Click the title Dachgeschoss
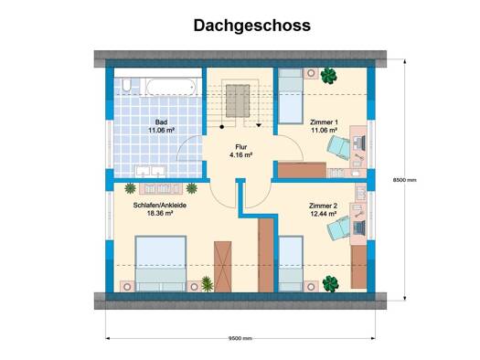coord(252,26)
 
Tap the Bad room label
coord(161,122)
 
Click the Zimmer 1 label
coord(324,122)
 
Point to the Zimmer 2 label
coord(323,206)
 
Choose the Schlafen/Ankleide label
coord(160,206)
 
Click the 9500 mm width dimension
coord(240,338)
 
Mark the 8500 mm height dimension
coord(405,180)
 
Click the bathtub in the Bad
coord(171,87)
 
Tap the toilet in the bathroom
coord(126,86)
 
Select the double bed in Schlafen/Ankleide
coord(161,263)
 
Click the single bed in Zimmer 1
coord(291,96)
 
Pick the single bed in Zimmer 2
coord(291,264)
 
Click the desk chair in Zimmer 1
coord(338,147)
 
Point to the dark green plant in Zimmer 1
coord(329,76)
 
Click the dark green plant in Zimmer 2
coord(330,283)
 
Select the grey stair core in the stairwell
coord(238,101)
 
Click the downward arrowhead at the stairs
coord(259,125)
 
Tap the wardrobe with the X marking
coord(222,267)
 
